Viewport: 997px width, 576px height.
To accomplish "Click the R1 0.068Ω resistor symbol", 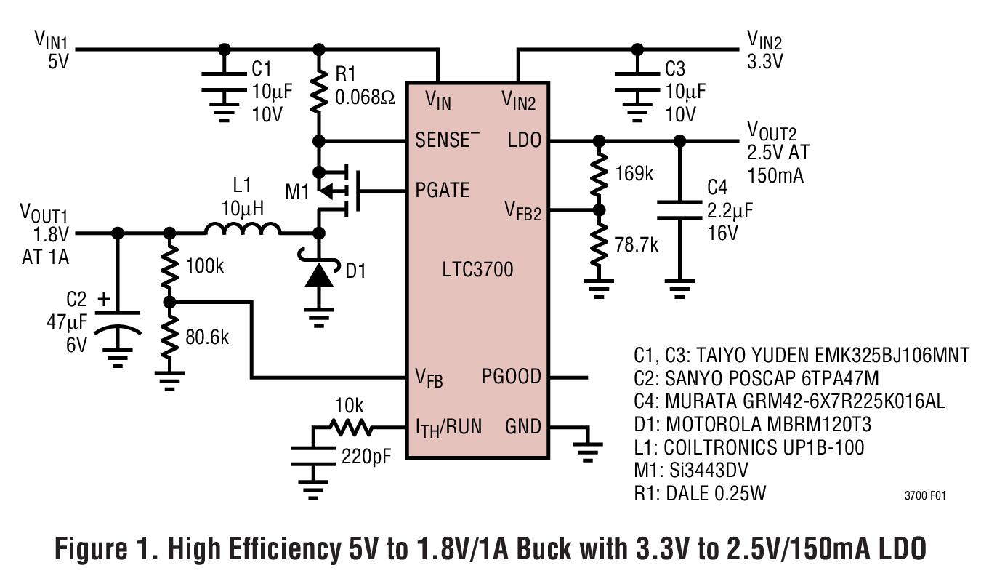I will [318, 91].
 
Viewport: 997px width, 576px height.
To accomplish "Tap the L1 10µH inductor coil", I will [243, 231].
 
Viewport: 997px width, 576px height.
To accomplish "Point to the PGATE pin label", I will [442, 191].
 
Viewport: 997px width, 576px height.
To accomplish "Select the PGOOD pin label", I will [511, 377].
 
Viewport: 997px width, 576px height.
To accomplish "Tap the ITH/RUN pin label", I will [448, 427].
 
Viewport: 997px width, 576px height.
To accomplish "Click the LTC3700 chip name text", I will [477, 270].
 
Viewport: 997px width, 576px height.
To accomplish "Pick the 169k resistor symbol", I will [598, 175].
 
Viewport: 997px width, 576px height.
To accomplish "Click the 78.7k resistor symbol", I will [598, 244].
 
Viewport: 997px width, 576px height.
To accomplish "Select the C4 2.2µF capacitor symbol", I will [679, 211].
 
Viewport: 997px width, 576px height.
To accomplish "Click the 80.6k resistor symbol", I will [169, 337].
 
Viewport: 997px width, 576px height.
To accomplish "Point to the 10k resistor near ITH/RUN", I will [352, 427].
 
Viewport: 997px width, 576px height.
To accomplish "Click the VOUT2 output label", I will [772, 132].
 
